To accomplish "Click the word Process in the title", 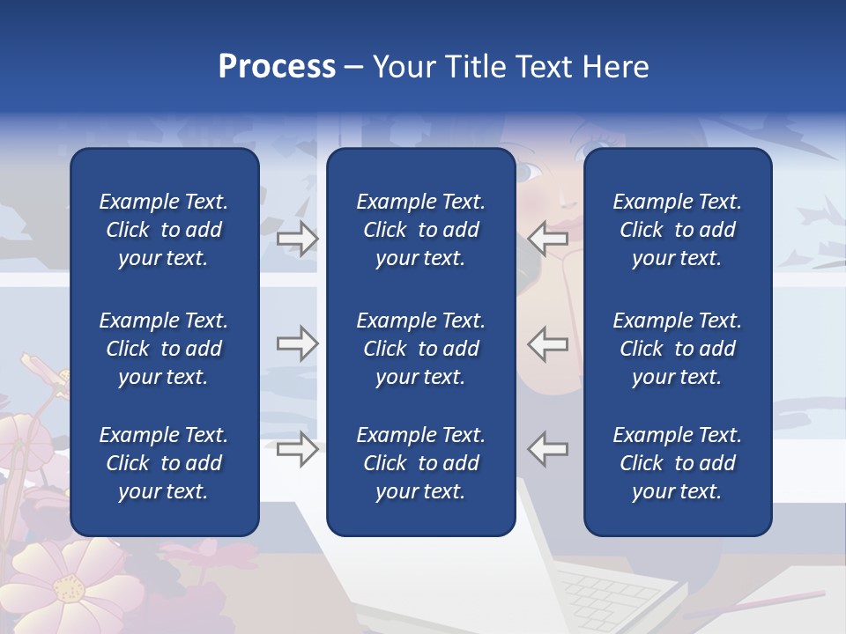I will tap(277, 67).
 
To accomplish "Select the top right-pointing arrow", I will tap(297, 238).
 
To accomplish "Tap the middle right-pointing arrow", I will tap(297, 343).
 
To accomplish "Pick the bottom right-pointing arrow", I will tap(297, 449).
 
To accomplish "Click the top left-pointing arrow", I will tap(548, 238).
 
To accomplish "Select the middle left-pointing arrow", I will tap(548, 343).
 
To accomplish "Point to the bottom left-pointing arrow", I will tap(548, 449).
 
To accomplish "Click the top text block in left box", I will tap(164, 230).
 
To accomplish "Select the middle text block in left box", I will tap(164, 349).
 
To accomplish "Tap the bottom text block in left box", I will tap(164, 463).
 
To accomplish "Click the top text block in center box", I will tap(420, 230).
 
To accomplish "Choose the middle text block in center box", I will tap(420, 349).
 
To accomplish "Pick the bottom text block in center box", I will tap(420, 463).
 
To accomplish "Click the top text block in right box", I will tap(677, 230).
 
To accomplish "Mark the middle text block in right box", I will tap(677, 349).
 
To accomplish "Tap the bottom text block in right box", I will tap(677, 463).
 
